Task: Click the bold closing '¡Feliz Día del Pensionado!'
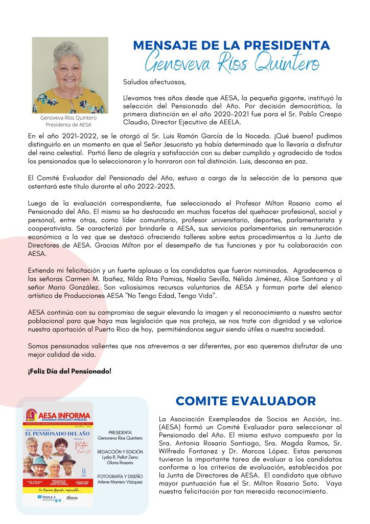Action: click(70, 370)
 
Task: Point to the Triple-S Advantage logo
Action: click(46, 497)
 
